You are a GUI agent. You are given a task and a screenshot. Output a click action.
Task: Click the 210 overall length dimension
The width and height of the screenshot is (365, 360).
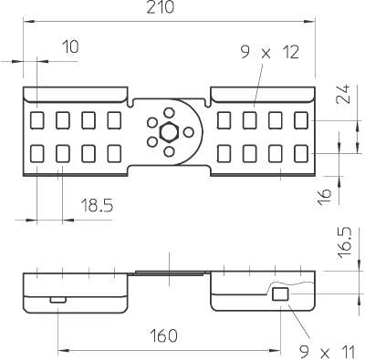(161, 7)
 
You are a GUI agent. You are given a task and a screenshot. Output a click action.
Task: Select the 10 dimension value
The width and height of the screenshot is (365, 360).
(70, 46)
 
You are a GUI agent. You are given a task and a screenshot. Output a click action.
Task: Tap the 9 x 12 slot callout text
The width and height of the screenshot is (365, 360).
(270, 52)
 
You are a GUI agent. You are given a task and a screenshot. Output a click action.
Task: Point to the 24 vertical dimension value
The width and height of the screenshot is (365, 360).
(343, 94)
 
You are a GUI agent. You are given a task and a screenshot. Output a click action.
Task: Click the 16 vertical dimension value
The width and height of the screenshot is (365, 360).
(325, 197)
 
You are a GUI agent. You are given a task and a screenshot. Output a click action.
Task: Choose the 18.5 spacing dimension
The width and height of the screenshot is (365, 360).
(97, 205)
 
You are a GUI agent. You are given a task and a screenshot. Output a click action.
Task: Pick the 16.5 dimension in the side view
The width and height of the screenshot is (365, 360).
(345, 242)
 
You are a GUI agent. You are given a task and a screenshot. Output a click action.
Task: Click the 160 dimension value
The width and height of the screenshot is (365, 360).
(163, 335)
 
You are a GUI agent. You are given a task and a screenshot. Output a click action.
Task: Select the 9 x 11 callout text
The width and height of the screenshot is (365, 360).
(328, 353)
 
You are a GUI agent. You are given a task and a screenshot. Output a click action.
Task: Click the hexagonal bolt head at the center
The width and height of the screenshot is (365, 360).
(168, 132)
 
